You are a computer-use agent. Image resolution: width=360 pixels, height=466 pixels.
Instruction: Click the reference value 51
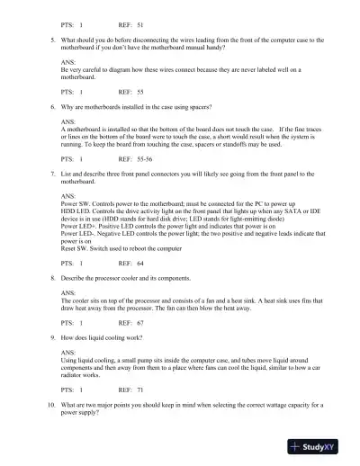[x=140, y=24]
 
